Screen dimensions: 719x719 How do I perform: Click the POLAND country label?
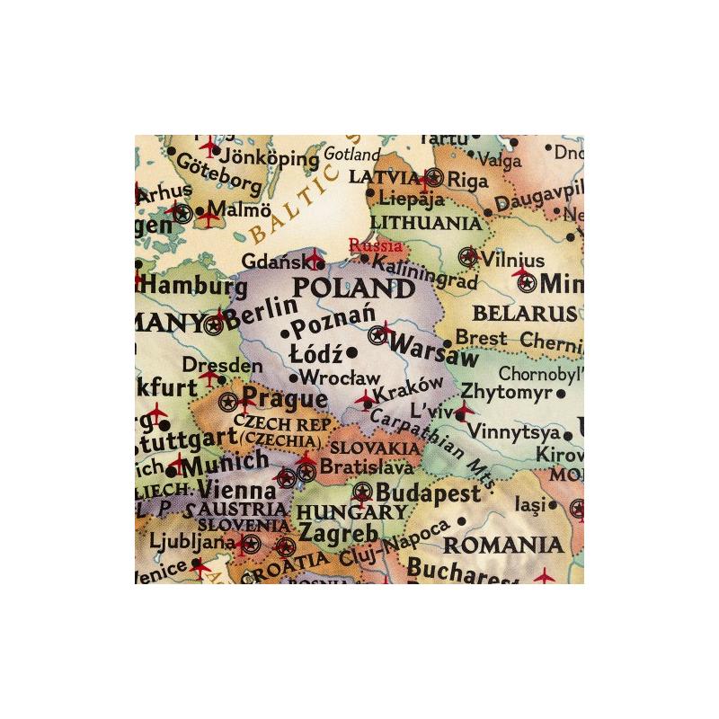354,289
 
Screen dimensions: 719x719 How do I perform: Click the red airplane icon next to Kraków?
364,399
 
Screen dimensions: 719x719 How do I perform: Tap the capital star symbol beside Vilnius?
467,257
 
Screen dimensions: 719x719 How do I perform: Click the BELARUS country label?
524,315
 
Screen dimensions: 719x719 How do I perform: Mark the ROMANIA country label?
504,544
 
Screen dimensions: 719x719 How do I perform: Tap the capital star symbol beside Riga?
436,177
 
